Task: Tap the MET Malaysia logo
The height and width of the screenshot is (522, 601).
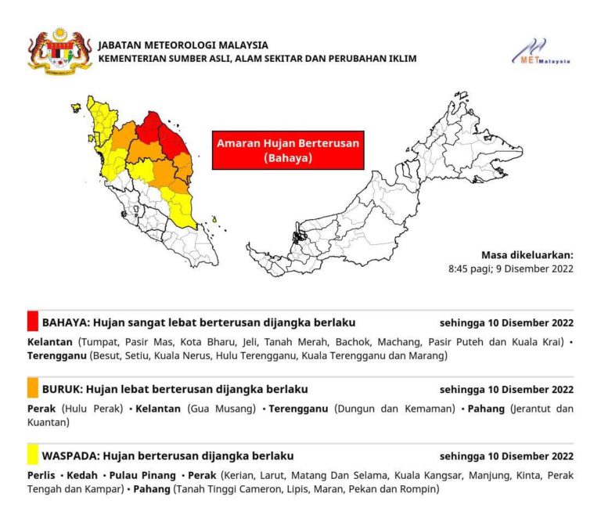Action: [541, 52]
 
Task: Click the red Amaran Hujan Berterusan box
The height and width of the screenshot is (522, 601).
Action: [287, 150]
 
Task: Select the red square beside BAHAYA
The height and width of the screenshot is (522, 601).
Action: [32, 322]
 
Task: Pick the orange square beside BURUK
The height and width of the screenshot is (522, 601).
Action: [32, 388]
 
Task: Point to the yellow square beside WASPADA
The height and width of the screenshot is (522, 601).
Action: [32, 455]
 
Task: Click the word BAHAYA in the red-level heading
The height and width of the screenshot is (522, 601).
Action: [64, 322]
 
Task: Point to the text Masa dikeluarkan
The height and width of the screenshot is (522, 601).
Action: [527, 254]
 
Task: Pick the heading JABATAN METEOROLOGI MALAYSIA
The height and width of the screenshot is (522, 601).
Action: [183, 45]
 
